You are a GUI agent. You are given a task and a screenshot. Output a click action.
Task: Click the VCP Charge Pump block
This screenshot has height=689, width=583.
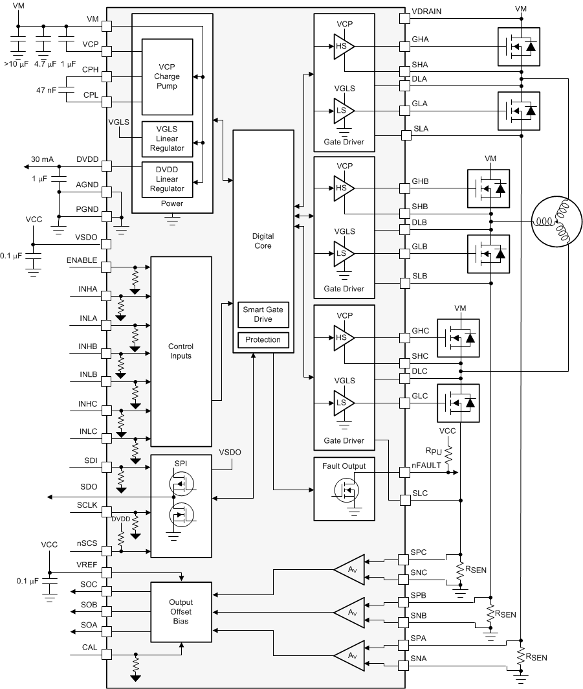[x=167, y=76]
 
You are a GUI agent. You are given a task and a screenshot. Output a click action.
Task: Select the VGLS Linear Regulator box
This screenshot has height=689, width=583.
[x=167, y=139]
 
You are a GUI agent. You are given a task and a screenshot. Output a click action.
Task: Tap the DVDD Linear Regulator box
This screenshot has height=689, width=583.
[x=167, y=179]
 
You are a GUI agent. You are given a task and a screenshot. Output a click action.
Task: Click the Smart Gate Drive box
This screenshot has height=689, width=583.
[x=263, y=315]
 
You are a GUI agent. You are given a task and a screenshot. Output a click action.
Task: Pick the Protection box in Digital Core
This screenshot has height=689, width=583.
[x=263, y=340]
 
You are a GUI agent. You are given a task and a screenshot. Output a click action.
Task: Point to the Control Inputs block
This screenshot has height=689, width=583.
[x=181, y=351]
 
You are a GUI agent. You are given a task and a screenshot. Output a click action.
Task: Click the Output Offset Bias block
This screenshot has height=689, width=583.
[x=181, y=612]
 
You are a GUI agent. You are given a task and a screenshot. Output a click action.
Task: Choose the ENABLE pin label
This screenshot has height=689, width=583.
[x=82, y=260]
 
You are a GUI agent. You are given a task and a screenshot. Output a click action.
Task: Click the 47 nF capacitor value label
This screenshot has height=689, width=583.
[x=45, y=91]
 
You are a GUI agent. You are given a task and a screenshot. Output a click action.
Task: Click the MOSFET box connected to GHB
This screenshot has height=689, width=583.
[x=488, y=188]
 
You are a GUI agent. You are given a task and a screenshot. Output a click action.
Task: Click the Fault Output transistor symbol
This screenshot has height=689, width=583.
[x=345, y=490]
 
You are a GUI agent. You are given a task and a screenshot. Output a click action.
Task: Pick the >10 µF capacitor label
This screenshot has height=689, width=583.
[x=16, y=64]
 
